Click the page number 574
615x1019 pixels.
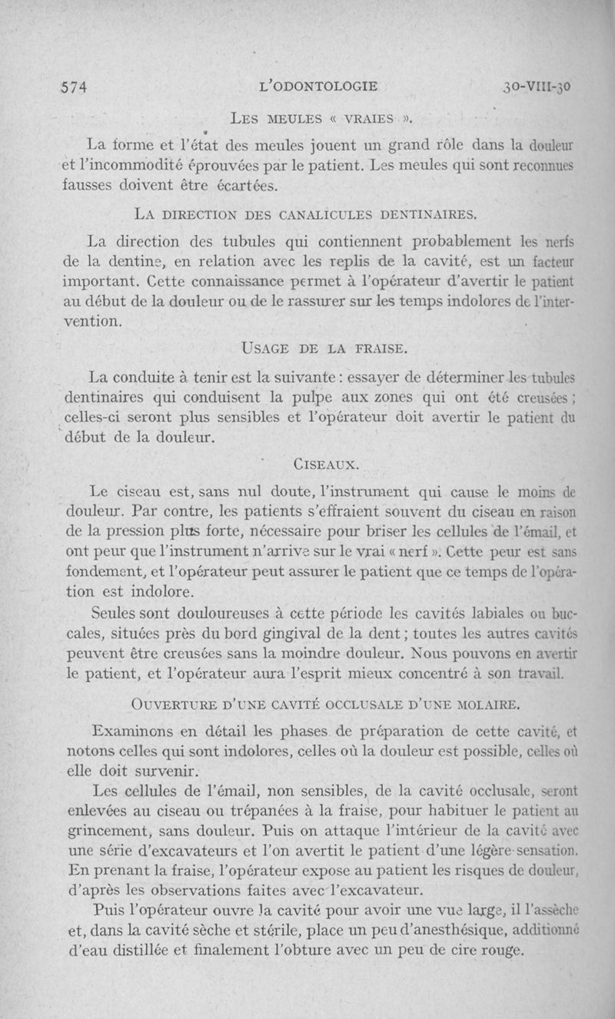(75, 87)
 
